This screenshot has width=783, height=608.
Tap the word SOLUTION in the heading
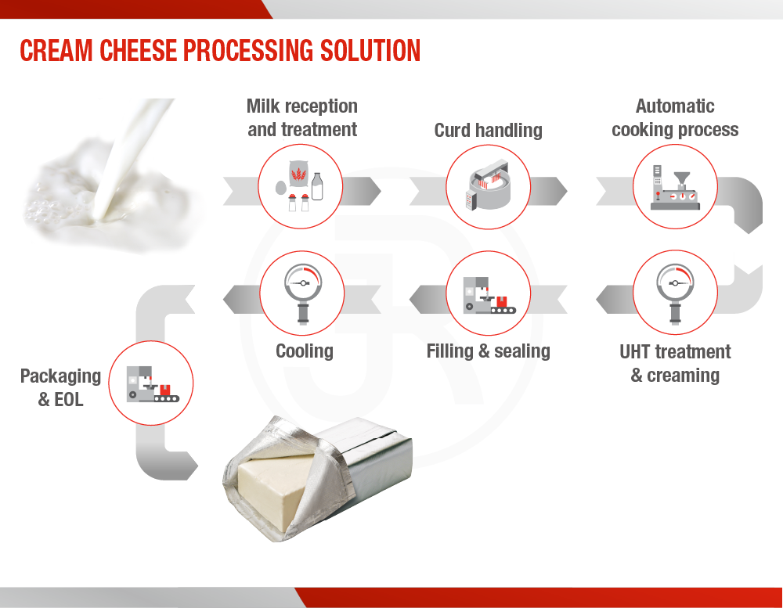(x=370, y=51)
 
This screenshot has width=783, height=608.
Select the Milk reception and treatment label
(x=302, y=118)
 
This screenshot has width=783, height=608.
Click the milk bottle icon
(x=317, y=186)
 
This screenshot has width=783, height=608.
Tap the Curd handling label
(x=489, y=130)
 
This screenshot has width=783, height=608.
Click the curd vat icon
(x=489, y=185)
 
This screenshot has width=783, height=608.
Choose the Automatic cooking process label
(x=675, y=118)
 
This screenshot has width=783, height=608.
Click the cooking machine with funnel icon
(x=675, y=187)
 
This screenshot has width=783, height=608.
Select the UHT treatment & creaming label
(x=675, y=363)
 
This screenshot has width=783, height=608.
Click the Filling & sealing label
(x=489, y=351)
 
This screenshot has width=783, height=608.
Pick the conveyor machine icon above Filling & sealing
(x=489, y=296)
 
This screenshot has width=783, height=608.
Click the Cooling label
(x=305, y=351)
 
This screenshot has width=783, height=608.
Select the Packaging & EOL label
(x=60, y=388)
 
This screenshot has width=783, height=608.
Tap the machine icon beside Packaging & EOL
(x=153, y=384)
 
